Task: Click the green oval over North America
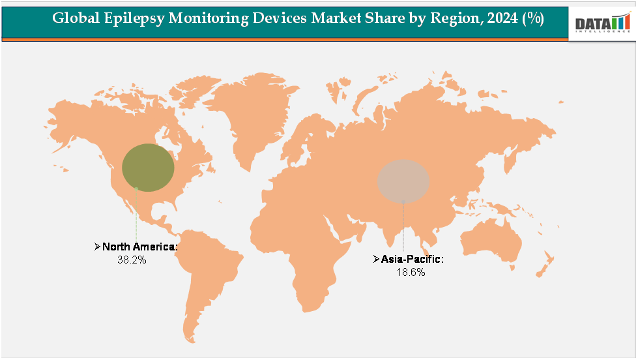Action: [149, 168]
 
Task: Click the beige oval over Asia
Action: [403, 180]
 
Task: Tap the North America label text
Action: [139, 247]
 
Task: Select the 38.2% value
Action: [132, 260]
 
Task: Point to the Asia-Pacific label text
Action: [413, 260]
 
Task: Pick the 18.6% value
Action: [411, 272]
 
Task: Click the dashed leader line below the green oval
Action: [136, 215]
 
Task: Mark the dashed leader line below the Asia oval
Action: [403, 225]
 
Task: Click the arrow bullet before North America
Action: [97, 247]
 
